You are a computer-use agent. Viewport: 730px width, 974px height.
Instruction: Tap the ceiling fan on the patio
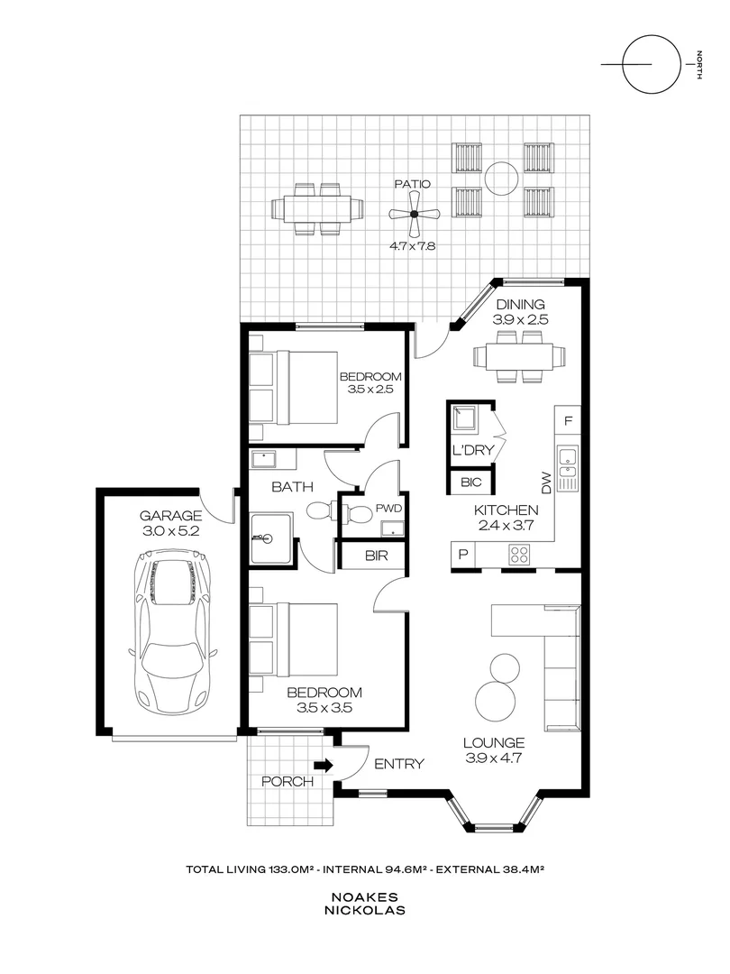[414, 214]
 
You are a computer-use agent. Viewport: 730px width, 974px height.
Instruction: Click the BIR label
[376, 556]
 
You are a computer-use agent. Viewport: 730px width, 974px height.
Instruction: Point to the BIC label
[471, 482]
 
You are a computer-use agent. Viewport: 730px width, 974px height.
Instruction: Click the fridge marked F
[568, 421]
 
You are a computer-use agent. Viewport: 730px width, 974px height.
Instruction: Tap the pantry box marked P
[463, 554]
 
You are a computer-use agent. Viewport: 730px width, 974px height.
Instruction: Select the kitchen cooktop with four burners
[519, 555]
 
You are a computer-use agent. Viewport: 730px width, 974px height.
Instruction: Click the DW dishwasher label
[546, 483]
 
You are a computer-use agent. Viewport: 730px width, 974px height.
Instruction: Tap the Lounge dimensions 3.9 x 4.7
[494, 758]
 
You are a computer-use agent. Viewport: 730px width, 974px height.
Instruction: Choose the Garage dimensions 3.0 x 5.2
[170, 531]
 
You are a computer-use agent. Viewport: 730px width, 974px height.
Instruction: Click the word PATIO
[413, 184]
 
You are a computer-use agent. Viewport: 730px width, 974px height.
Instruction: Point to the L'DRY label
[473, 450]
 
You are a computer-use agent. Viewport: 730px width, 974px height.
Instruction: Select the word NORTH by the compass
[699, 65]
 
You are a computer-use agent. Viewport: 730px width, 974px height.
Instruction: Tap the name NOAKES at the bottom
[364, 897]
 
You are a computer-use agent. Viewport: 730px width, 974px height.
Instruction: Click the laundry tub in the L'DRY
[464, 419]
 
